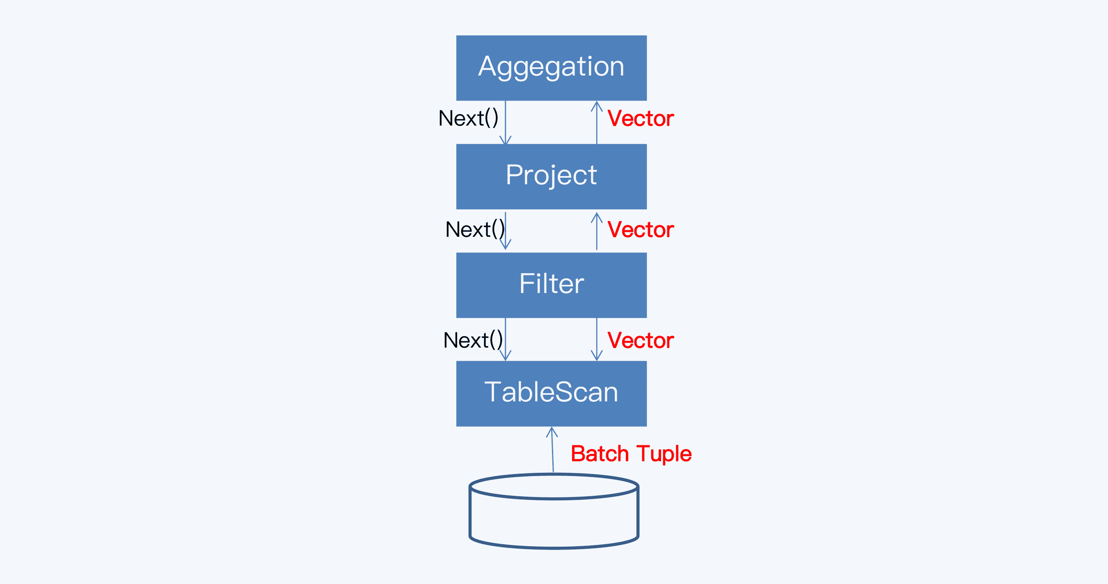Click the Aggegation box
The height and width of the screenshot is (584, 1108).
(551, 68)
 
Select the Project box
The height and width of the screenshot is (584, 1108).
(551, 176)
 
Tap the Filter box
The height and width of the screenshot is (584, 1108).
(551, 285)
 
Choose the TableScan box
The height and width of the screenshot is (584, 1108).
(551, 393)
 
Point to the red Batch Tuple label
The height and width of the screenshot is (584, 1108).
(631, 453)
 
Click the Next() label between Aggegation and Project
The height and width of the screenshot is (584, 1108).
(468, 118)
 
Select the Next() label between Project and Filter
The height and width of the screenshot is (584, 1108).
(474, 230)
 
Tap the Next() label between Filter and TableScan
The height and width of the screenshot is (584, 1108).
(473, 341)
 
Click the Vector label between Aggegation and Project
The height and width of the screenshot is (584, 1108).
(640, 119)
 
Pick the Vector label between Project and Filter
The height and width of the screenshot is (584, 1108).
(640, 230)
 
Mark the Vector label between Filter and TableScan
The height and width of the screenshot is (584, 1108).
(640, 341)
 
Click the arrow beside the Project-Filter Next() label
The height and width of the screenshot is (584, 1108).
(506, 232)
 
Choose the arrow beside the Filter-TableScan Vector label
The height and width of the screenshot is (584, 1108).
(597, 340)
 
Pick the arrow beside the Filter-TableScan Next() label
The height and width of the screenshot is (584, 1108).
(506, 340)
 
